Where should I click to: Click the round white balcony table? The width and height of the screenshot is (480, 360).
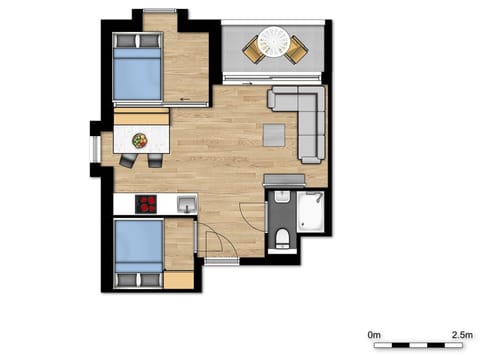click(x=273, y=41)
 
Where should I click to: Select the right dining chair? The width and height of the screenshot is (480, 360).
click(x=156, y=160)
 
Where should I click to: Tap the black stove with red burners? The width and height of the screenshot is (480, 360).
click(x=147, y=204)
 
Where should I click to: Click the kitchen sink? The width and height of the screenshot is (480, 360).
click(x=186, y=205)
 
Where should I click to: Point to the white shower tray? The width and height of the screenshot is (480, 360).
click(x=310, y=211)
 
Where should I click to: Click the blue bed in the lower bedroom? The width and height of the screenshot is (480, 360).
click(x=138, y=252)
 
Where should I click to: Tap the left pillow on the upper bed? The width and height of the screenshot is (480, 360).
click(x=123, y=42)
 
